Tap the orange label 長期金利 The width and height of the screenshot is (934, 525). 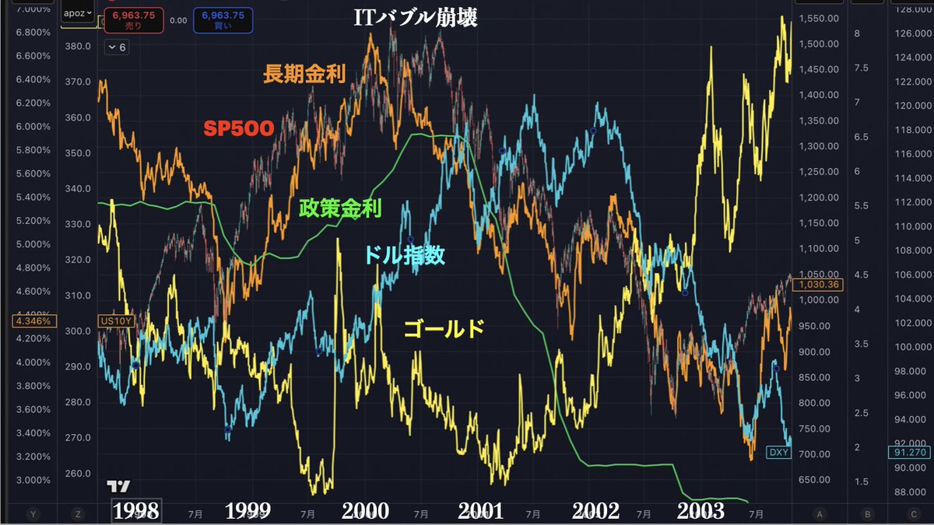tap(304, 75)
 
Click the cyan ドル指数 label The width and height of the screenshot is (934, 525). tap(406, 254)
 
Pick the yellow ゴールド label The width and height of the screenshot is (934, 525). tap(444, 329)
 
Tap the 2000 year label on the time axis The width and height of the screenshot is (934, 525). tap(365, 510)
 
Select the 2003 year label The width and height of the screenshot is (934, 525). tap(700, 510)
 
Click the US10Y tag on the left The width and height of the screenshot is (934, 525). tap(114, 320)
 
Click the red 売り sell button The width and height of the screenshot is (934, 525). tap(136, 19)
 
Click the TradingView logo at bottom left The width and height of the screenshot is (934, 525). tap(118, 486)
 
